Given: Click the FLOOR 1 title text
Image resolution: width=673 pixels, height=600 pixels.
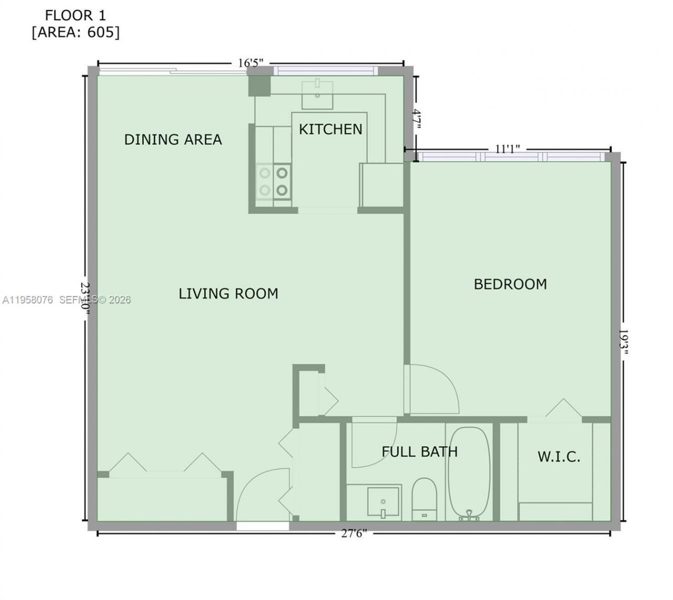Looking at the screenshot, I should tap(76, 15).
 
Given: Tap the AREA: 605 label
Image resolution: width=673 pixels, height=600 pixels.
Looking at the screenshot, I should tap(76, 33).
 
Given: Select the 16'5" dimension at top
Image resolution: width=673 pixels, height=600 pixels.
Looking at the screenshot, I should tap(250, 63).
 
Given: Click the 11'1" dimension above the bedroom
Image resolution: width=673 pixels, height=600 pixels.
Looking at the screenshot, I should tap(507, 149).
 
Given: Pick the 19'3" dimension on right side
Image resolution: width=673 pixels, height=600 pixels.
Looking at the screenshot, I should tap(623, 342).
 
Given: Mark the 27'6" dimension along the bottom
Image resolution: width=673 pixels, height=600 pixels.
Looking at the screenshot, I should tap(354, 533).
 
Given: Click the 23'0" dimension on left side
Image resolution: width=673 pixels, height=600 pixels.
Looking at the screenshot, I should tap(86, 298).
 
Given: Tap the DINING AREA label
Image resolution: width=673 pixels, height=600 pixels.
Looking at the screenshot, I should tap(173, 140).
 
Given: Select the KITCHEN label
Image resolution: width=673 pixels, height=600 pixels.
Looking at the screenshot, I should tap(331, 129).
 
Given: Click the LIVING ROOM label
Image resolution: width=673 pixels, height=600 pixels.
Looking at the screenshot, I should tap(228, 293).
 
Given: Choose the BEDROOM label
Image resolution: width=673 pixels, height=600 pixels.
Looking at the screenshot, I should tap(510, 284).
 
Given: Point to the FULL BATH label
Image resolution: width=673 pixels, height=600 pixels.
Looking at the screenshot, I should tap(419, 452).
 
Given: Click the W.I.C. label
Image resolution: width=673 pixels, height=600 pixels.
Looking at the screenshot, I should tap(558, 457).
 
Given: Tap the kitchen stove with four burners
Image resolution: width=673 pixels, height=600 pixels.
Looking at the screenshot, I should tap(273, 181).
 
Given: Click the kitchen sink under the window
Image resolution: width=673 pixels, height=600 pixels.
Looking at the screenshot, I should tap(318, 94).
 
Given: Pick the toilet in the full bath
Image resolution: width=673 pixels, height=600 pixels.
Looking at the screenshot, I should tap(424, 497).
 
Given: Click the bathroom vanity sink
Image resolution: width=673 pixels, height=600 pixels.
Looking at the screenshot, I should tap(383, 501).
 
